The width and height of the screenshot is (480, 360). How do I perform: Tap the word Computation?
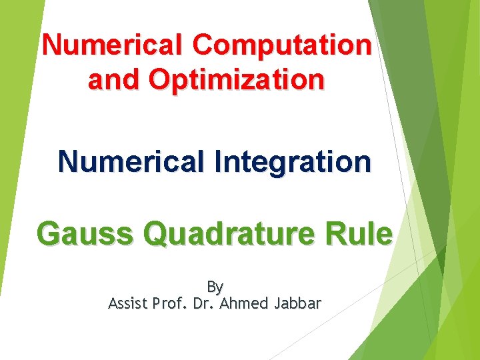click(x=282, y=45)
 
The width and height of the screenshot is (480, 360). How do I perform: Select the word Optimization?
click(x=237, y=80)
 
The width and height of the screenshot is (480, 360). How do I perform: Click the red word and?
click(x=115, y=80)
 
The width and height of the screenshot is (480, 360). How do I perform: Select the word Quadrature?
click(x=235, y=234)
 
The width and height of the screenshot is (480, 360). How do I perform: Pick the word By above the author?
click(x=215, y=287)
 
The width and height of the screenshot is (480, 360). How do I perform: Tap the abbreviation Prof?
click(x=169, y=304)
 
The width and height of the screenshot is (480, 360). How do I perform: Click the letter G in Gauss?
click(x=49, y=234)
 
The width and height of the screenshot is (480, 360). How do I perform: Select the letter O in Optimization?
click(x=160, y=80)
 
